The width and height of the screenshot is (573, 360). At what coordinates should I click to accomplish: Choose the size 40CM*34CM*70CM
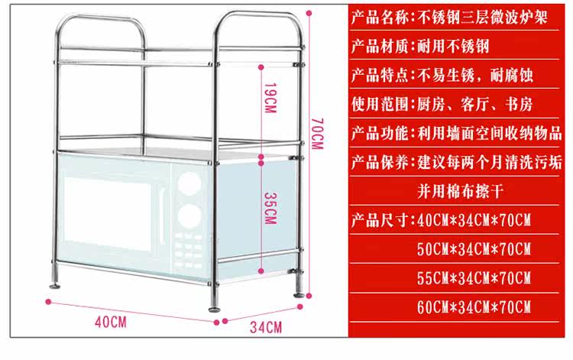(473, 220)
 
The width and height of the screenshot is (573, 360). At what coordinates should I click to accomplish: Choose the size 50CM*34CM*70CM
(473, 249)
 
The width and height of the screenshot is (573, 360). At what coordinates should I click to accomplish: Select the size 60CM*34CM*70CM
(473, 307)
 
